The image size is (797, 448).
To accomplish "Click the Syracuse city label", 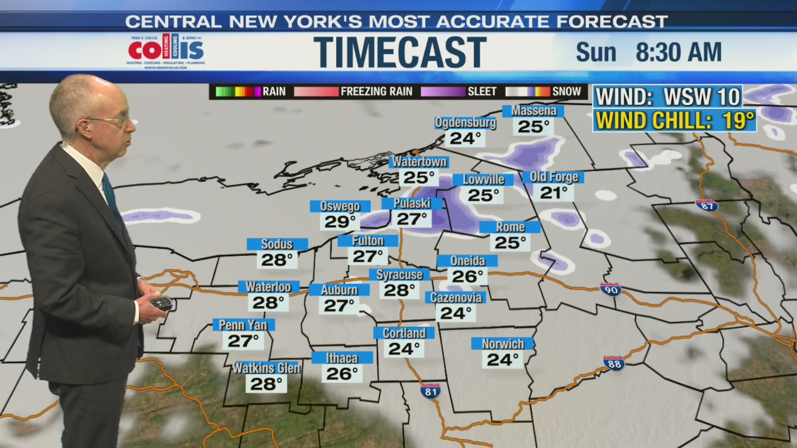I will click(399, 275).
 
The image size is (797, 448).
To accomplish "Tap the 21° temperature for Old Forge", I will click(554, 193).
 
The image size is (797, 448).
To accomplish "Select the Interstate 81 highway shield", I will click(430, 391).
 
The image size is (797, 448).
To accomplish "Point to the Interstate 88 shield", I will click(614, 363).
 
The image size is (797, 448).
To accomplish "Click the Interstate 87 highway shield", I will click(707, 206).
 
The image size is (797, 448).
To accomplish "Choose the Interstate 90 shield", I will click(611, 289).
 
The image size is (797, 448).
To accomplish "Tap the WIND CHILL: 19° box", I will click(675, 121).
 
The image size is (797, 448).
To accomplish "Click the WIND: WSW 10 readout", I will click(667, 97).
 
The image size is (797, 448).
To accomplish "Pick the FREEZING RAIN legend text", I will click(376, 92).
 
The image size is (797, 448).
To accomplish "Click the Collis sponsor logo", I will click(166, 51).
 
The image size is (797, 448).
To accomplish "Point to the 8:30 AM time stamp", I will click(678, 53).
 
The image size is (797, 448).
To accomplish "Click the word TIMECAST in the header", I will click(400, 52).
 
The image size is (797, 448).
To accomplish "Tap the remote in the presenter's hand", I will click(161, 302).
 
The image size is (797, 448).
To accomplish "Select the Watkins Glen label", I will click(266, 368).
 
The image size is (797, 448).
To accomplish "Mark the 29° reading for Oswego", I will click(340, 222).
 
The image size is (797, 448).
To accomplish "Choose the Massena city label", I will click(533, 111).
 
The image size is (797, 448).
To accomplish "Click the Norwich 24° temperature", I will click(502, 360).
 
